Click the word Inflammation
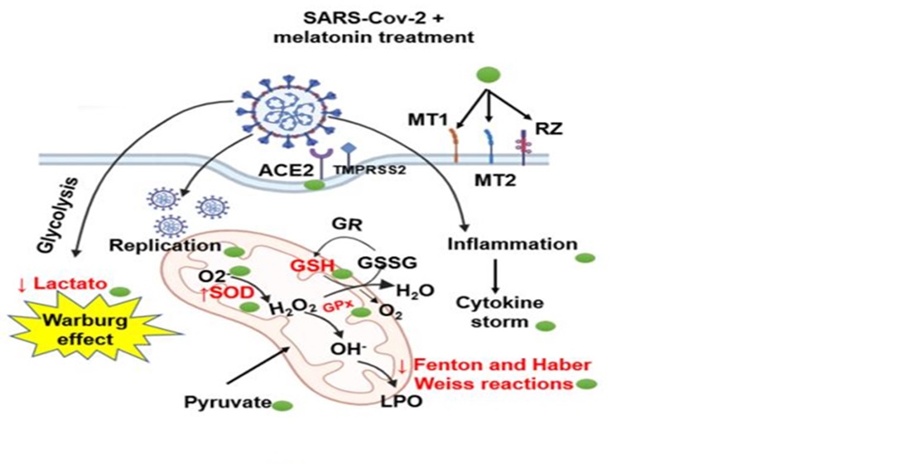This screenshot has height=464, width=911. click(x=512, y=244)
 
